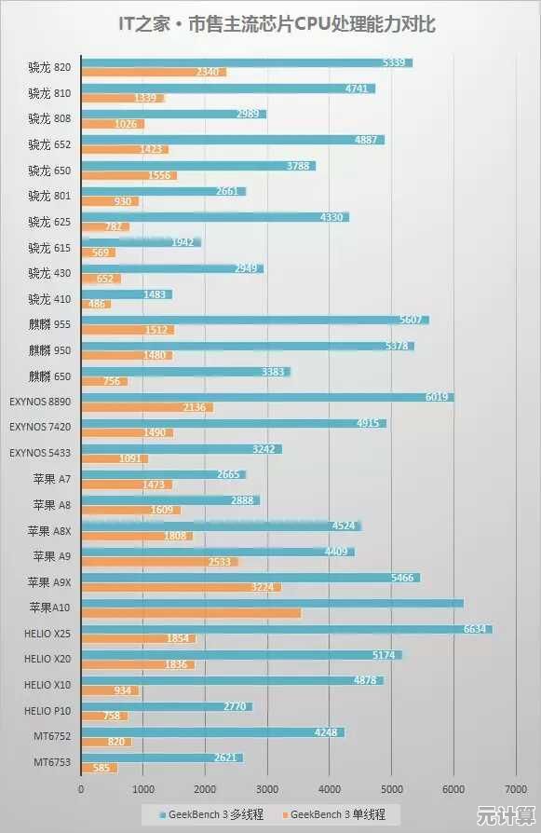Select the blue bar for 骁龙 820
[x=247, y=62]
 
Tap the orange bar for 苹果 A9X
[x=181, y=587]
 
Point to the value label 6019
[x=438, y=397]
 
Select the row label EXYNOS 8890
[x=40, y=402]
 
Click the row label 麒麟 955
[x=49, y=324]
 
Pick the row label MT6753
[x=53, y=762]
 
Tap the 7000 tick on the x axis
[x=515, y=789]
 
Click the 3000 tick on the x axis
[x=267, y=789]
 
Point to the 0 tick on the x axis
[x=81, y=789]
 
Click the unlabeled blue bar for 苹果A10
[x=272, y=603]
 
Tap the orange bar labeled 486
[x=96, y=304]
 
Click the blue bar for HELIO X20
[x=241, y=655]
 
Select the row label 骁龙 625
[x=49, y=222]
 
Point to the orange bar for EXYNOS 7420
[x=127, y=432]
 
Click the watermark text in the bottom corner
[x=506, y=817]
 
